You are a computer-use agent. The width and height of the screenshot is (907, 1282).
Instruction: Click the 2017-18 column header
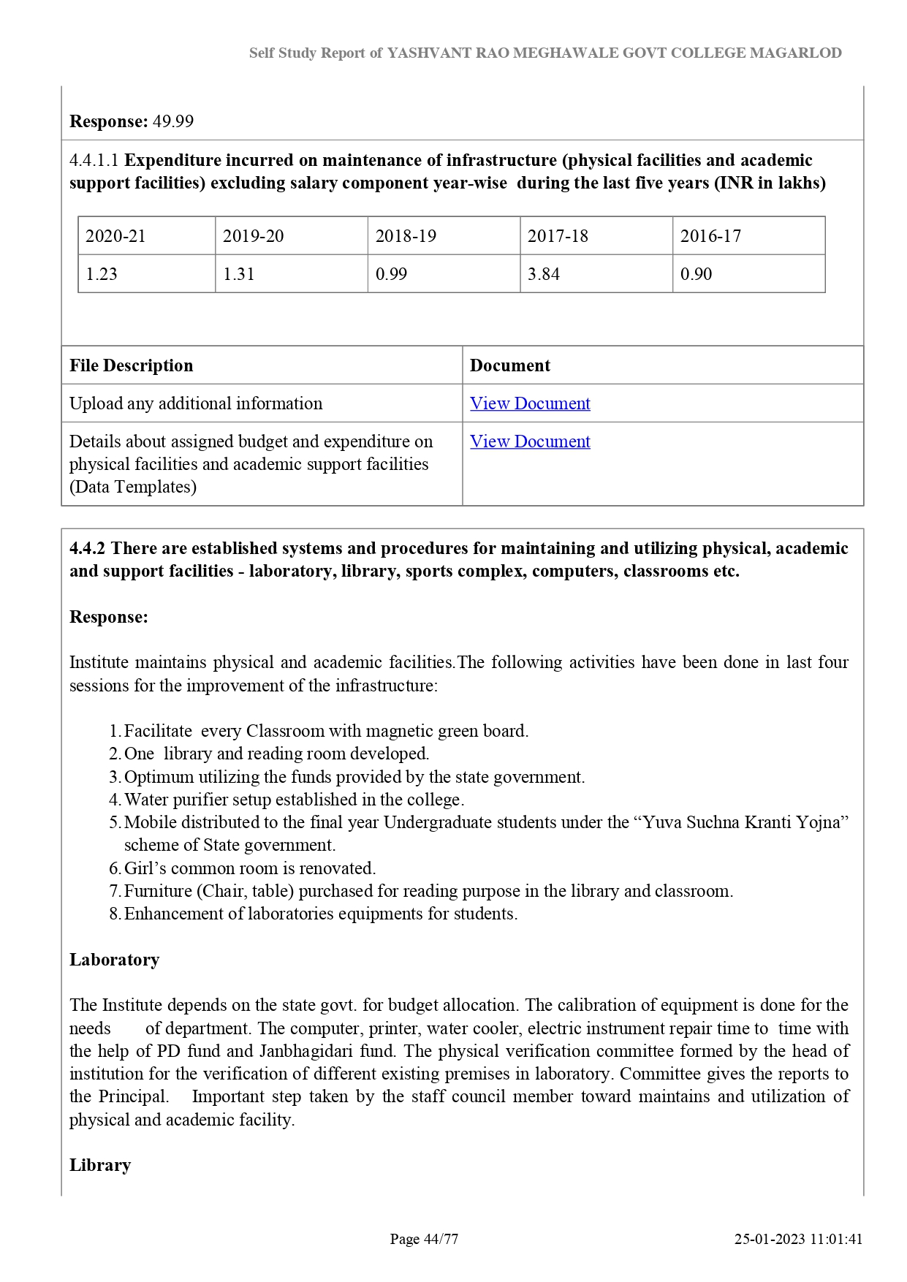(558, 236)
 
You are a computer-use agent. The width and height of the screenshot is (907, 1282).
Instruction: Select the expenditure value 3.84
(544, 274)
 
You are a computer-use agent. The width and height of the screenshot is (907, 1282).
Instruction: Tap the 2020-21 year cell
(115, 236)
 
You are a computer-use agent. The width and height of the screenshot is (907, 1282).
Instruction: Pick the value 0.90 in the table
(696, 274)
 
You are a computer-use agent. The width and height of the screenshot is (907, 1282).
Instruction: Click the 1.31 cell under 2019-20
(238, 274)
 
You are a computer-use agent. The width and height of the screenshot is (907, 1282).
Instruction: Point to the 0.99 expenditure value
(391, 274)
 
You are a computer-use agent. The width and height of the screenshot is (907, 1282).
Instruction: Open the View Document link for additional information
(530, 403)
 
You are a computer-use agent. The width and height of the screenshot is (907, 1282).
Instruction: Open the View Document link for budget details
(530, 441)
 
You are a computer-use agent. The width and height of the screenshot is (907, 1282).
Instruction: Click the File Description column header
(132, 365)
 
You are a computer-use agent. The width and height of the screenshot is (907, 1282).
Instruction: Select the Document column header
(510, 365)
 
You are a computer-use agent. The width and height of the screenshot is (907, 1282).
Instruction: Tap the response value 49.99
(173, 121)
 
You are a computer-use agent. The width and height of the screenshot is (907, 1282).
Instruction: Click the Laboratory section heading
(114, 960)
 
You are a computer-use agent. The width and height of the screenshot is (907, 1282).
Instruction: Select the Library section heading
(100, 1165)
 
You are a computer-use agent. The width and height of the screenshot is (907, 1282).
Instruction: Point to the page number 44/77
(441, 1239)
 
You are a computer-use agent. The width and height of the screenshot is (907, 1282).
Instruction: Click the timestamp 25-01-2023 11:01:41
(798, 1239)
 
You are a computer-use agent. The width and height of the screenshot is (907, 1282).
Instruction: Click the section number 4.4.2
(87, 548)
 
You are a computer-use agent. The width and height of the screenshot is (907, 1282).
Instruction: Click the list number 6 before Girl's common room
(115, 868)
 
